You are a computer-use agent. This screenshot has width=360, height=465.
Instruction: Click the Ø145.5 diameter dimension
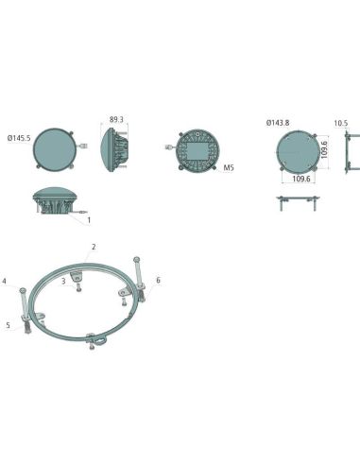pos(19,138)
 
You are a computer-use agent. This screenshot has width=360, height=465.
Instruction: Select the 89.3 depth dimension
pos(116,120)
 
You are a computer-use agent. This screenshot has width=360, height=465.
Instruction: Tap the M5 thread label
pos(229,167)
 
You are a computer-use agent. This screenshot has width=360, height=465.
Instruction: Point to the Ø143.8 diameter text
pos(278,123)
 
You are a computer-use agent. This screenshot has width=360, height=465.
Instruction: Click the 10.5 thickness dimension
pos(340,123)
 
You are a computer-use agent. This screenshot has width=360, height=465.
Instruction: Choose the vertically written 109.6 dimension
pos(324,149)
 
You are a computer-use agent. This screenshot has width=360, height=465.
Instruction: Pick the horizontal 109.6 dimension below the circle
pos(301,179)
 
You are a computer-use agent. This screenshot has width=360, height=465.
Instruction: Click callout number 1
pos(89,220)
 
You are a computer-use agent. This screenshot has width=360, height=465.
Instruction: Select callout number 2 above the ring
pos(94,247)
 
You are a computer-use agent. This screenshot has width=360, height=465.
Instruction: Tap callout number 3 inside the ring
pos(63,281)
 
